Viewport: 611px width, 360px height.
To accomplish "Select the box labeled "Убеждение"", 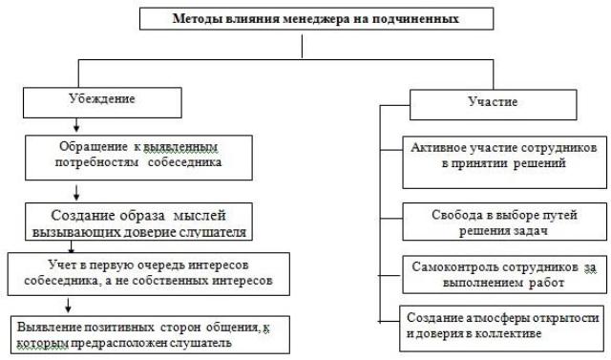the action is click(102, 102).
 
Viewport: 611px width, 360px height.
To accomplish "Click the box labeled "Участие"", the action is click(493, 105).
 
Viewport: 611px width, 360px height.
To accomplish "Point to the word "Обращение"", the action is click(94, 146).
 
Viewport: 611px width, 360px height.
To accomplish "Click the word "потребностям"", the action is click(96, 161).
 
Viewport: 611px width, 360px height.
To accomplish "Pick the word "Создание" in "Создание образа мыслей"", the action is click(83, 216).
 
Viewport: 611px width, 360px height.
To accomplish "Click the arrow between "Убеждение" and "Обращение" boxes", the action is click(76, 125).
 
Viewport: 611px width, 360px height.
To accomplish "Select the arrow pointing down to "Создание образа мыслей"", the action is click(76, 193).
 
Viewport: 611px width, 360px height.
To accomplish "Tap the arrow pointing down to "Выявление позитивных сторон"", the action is click(68, 305).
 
